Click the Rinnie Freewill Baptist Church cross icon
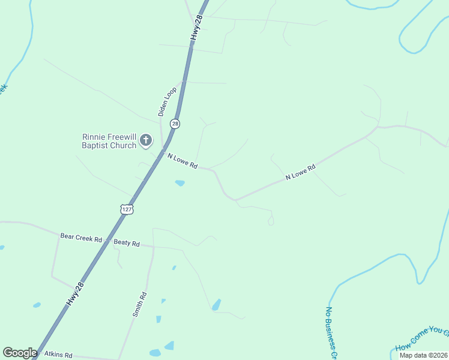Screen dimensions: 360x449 146,141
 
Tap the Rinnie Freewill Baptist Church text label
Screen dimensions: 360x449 109,141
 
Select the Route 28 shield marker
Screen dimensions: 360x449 175,124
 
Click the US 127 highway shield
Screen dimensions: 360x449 126,209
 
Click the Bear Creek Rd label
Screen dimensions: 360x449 80,238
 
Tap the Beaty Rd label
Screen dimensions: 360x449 127,244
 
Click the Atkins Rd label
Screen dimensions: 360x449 58,355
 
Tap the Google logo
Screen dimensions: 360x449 20,353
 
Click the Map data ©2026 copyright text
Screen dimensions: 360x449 423,355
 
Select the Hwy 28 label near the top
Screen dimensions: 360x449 197,28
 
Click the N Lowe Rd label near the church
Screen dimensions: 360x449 182,161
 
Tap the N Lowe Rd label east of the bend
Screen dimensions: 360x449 300,172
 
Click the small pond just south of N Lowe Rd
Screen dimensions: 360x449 179,183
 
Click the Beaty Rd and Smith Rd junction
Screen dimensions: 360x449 152,247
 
